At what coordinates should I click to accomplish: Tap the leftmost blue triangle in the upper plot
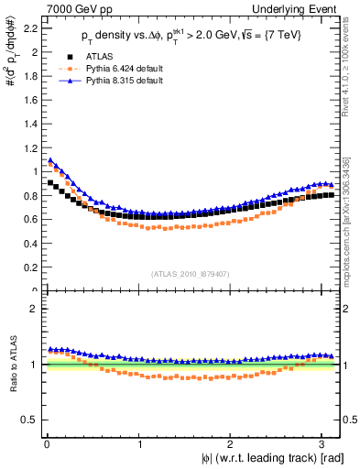point(50,161)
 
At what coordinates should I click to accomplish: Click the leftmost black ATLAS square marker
point(50,182)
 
